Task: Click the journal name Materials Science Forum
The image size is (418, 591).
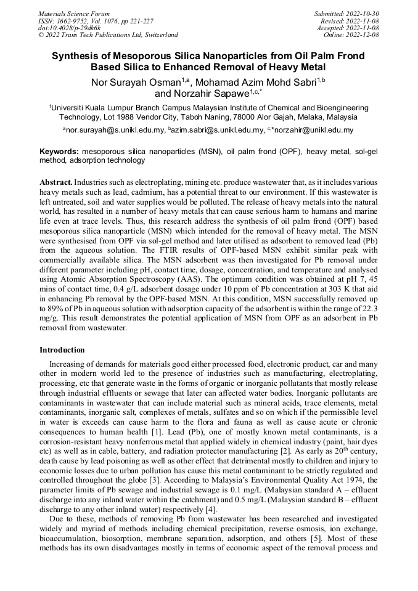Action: (74, 14)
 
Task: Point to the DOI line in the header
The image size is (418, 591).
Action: (70, 28)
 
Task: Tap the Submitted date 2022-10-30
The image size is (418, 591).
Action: (363, 14)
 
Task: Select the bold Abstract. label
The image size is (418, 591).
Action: (56, 184)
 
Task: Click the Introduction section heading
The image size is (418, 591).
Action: (62, 350)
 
